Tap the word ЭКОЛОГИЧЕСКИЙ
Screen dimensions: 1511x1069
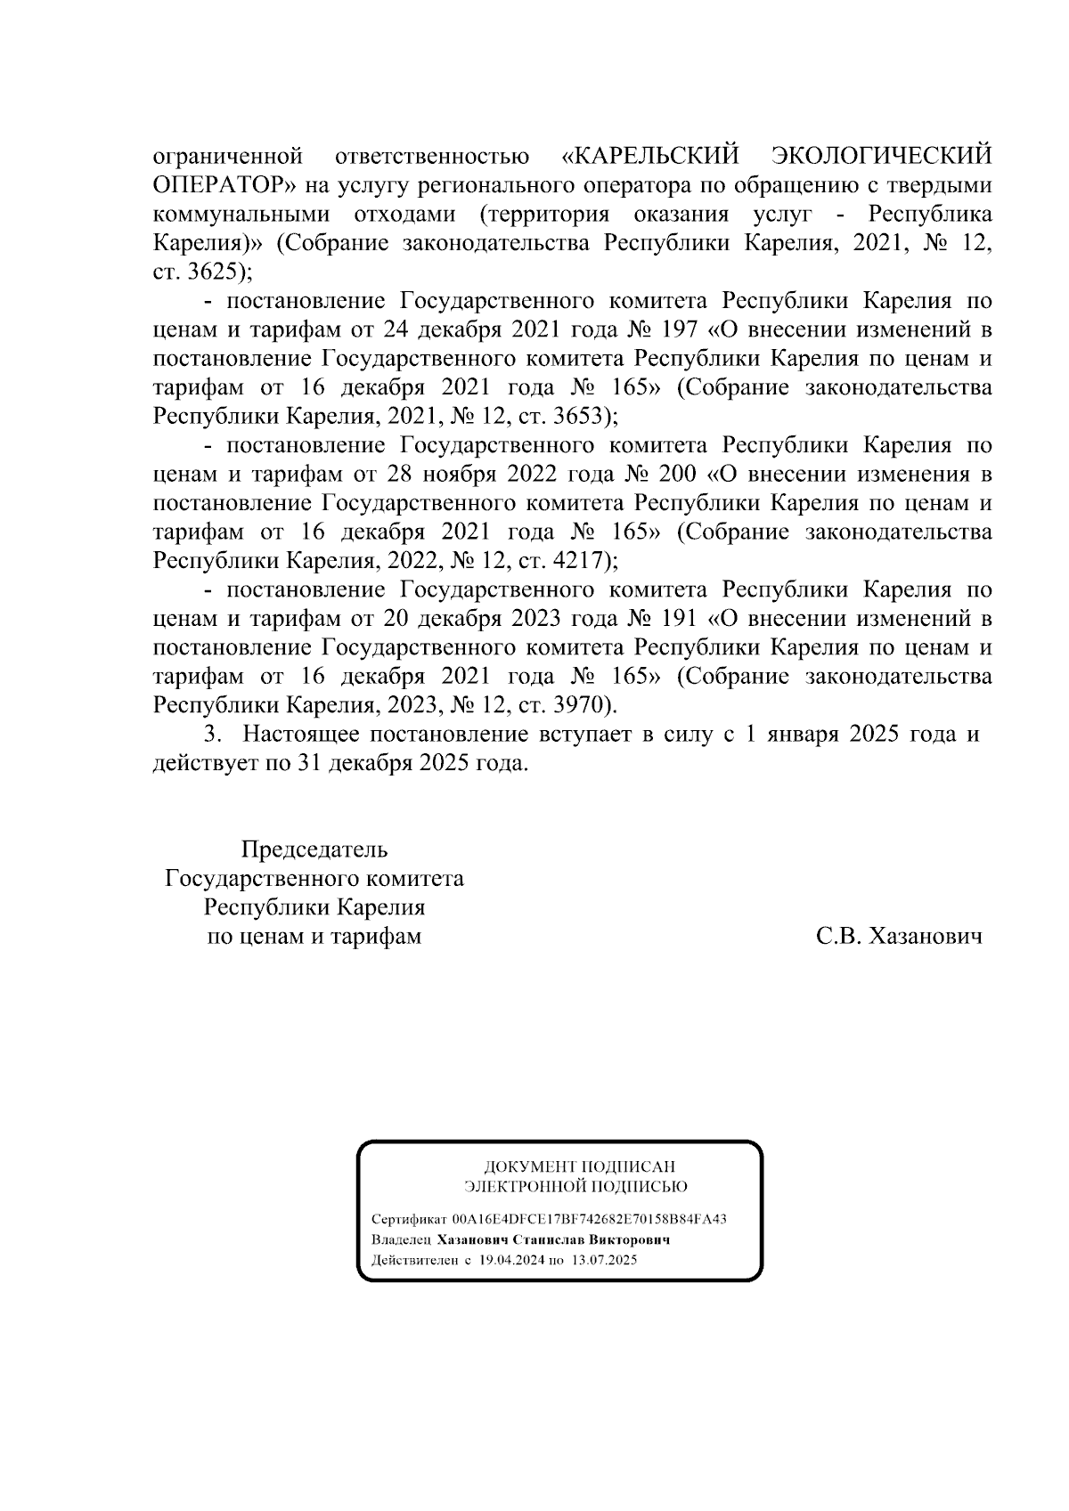[x=880, y=158]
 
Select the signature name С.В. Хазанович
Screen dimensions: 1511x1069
[x=899, y=937]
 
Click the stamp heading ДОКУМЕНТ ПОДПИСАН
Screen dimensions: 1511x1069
[x=579, y=1166]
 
